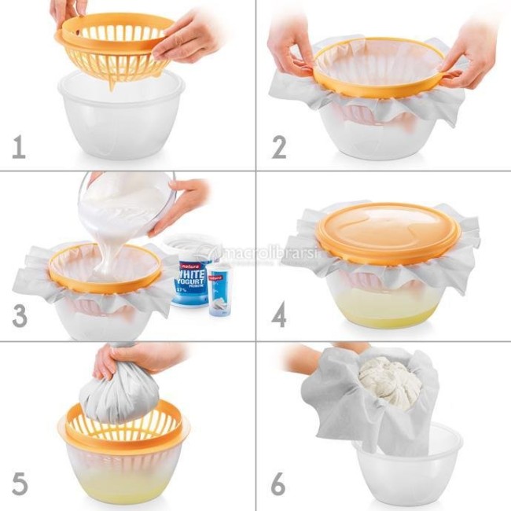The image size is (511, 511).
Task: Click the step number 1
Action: point(18,147)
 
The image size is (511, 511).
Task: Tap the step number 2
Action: point(278,147)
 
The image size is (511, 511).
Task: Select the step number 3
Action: point(19,315)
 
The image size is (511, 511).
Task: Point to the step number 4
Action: point(279,315)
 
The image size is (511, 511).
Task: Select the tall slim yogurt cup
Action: point(219,289)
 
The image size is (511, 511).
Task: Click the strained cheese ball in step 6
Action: point(391,383)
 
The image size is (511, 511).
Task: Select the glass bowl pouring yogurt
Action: point(126,200)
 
